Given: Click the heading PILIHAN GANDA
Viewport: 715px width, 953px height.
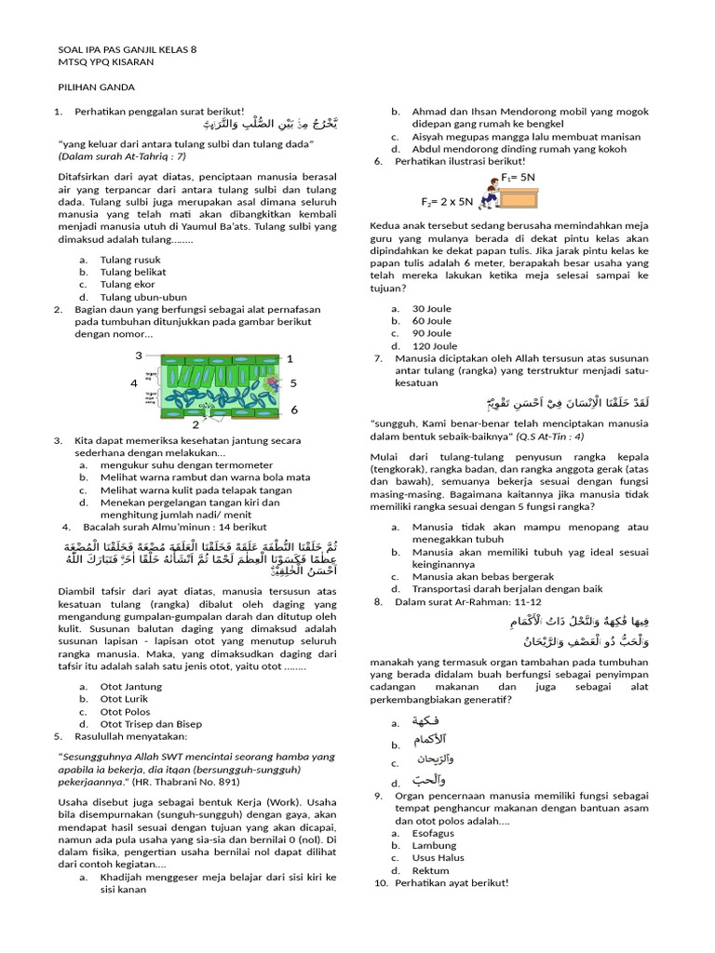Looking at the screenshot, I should click(x=97, y=87).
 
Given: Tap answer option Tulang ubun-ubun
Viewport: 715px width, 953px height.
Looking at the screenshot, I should click(x=143, y=297).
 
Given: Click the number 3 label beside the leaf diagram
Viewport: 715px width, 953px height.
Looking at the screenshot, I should click(x=139, y=356).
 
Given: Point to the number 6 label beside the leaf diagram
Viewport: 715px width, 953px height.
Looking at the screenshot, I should click(x=294, y=409).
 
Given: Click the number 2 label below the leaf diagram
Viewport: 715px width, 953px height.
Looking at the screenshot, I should click(x=195, y=424).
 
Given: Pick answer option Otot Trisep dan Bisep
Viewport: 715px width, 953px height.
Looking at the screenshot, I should click(x=151, y=724).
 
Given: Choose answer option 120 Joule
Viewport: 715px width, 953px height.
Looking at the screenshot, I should click(x=434, y=346).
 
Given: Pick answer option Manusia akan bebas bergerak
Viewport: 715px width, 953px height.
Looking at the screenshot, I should click(x=483, y=576).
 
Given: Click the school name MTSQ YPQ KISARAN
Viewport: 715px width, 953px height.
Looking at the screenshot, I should click(x=106, y=61).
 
